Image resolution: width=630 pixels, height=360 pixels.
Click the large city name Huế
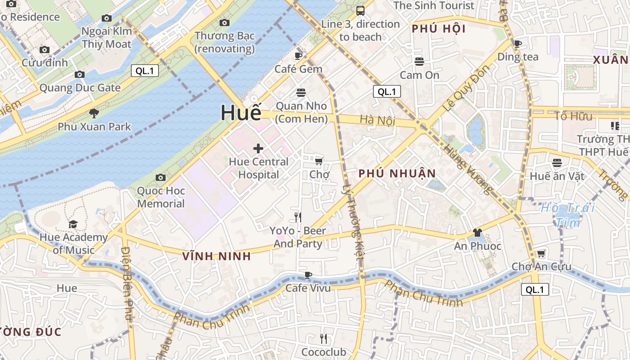point(241,112)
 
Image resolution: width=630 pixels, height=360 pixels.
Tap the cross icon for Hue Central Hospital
point(258,148)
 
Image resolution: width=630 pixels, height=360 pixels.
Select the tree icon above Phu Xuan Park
point(94,113)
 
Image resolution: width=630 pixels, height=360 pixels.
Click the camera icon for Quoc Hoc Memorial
point(161,178)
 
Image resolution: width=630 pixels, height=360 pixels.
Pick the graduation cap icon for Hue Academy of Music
point(73,224)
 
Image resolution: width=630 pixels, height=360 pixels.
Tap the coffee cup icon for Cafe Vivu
point(308,275)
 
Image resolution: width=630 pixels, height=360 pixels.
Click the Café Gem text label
point(298,69)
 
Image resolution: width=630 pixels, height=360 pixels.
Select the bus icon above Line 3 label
point(360,11)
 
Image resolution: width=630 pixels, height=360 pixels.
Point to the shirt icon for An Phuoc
point(477,233)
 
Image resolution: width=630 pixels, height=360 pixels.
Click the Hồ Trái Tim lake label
point(568,215)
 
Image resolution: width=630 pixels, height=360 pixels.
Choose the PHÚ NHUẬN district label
point(397,173)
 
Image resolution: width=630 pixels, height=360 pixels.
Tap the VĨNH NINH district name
point(216,256)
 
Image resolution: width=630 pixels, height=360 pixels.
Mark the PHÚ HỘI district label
point(438,29)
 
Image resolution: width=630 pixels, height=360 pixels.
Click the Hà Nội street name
point(377,120)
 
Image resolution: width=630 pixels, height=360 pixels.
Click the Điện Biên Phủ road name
point(128,283)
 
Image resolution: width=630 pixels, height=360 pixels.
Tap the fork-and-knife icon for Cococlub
point(324,339)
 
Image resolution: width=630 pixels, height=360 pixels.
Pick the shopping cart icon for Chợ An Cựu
point(541,254)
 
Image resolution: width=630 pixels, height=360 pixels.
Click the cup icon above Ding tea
point(518,44)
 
